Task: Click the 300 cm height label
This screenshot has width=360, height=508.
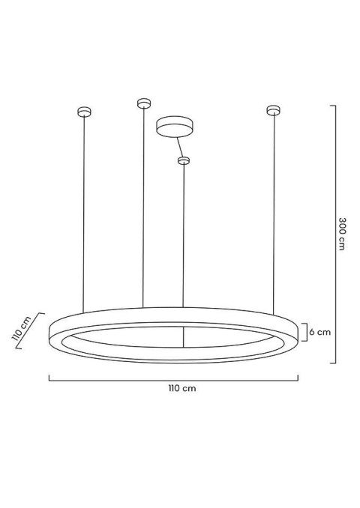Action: click(x=342, y=235)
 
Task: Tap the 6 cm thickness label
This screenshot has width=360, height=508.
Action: click(x=321, y=331)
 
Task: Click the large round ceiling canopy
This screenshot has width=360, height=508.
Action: click(x=174, y=125)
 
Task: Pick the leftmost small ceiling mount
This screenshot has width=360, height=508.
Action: click(x=84, y=112)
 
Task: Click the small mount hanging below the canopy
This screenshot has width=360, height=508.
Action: click(x=183, y=160)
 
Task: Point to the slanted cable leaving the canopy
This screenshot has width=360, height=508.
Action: click(x=178, y=146)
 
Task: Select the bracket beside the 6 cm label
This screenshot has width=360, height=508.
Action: click(x=302, y=331)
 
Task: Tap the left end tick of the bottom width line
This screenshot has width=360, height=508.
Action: click(x=49, y=378)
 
